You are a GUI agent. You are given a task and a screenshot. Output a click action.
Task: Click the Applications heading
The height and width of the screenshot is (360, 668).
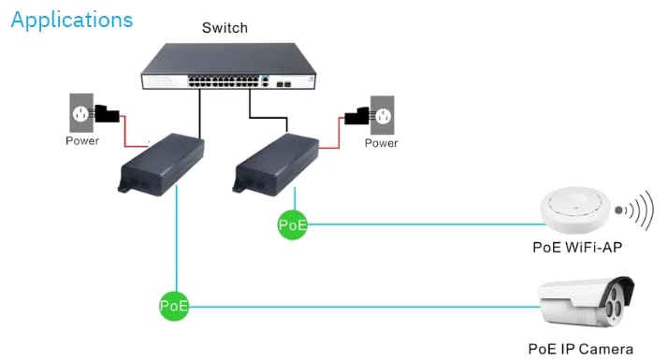tap(72, 20)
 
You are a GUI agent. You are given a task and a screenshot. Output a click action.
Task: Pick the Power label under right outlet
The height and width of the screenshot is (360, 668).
tap(381, 143)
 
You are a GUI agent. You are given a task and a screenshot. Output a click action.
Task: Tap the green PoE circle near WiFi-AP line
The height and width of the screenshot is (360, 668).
tap(293, 223)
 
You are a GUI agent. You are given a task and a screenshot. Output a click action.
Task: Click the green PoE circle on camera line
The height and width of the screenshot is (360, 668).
tap(174, 305)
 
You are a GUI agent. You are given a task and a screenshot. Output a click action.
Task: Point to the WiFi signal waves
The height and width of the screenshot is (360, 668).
tap(639, 211)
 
